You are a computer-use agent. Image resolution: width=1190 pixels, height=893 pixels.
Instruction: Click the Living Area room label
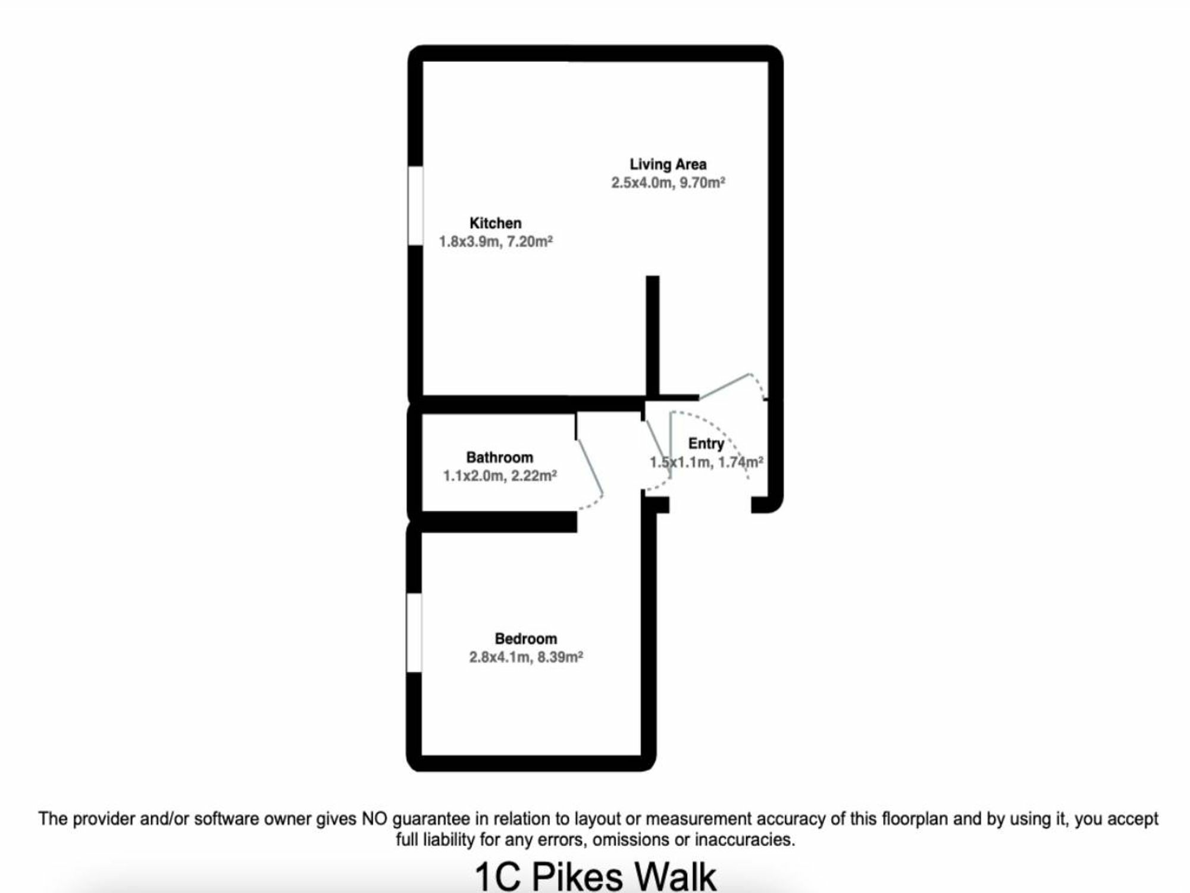coord(668,164)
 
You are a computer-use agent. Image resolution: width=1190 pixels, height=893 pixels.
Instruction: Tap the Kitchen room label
coord(496,223)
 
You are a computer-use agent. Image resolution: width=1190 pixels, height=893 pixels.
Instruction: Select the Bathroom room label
coord(500,457)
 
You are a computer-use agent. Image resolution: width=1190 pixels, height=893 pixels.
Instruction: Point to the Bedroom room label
coord(526,639)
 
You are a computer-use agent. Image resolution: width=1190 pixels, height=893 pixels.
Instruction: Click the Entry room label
coord(706,444)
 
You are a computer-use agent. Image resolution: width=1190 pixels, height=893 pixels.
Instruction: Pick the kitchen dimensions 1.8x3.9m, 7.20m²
coord(496,241)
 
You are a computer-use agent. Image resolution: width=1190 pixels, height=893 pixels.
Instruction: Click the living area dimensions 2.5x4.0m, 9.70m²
coord(668,182)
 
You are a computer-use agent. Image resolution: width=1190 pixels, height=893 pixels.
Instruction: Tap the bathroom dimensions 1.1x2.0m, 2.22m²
coord(500,476)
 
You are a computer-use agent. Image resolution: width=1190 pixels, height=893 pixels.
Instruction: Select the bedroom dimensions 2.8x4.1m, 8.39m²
coord(526,657)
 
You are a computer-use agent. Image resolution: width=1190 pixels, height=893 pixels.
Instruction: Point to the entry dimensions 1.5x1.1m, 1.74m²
coord(706,462)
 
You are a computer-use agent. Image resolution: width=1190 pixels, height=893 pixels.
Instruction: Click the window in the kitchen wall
coord(415,206)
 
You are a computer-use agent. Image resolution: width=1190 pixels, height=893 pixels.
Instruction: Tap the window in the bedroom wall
coord(414,633)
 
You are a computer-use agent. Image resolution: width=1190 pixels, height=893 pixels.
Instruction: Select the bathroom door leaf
coord(590,467)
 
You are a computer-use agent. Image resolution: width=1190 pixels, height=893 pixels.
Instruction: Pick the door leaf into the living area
coord(724,386)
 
